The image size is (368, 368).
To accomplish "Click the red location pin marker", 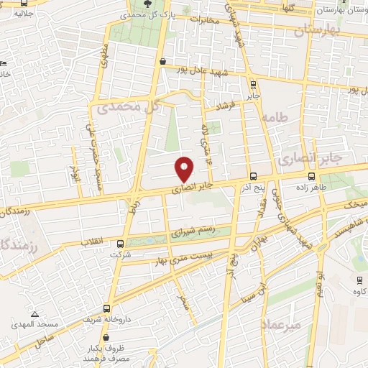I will point(185,169).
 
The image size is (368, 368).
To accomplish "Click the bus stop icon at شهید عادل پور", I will point(164,63).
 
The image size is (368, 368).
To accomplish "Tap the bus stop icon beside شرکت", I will point(120,244).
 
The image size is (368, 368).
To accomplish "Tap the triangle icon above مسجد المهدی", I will point(34,314).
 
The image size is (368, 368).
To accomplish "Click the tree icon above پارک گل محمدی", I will point(148,3).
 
